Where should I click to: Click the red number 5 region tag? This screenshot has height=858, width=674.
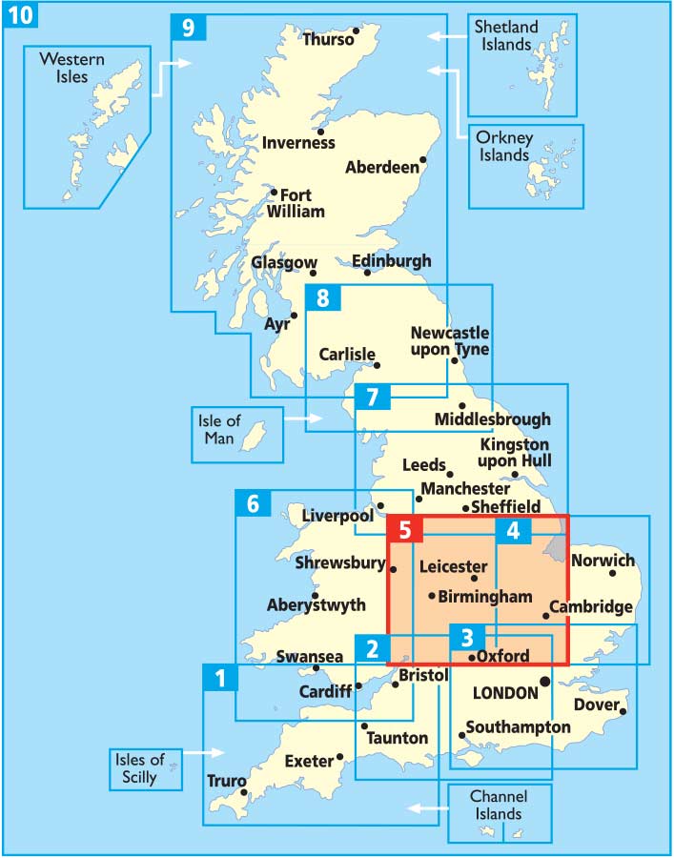pyautogui.click(x=404, y=531)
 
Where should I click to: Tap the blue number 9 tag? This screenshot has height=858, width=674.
pyautogui.click(x=188, y=28)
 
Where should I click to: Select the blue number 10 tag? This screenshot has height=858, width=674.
pyautogui.click(x=19, y=14)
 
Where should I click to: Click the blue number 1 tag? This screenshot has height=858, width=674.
pyautogui.click(x=220, y=679)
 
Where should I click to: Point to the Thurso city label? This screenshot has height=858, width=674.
pyautogui.click(x=327, y=39)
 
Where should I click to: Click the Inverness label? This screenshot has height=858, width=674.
pyautogui.click(x=299, y=143)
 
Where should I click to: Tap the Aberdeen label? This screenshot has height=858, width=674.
pyautogui.click(x=381, y=168)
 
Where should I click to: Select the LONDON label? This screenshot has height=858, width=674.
pyautogui.click(x=505, y=693)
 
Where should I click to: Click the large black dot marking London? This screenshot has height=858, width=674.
pyautogui.click(x=543, y=682)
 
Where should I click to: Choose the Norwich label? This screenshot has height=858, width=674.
pyautogui.click(x=602, y=561)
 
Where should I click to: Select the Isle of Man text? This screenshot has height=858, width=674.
pyautogui.click(x=221, y=429)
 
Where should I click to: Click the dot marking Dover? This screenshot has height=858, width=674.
pyautogui.click(x=623, y=710)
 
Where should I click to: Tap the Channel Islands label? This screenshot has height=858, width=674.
pyautogui.click(x=499, y=805)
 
